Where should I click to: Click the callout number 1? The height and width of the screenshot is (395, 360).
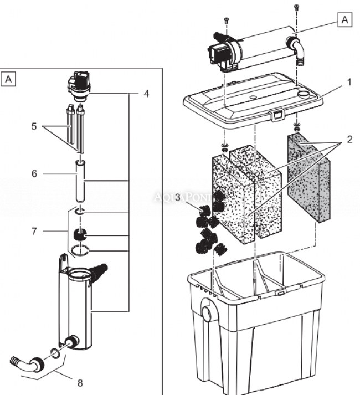point(349,82)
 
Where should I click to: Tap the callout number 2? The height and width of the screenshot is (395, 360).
point(349,140)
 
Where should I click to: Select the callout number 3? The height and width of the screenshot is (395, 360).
point(177,198)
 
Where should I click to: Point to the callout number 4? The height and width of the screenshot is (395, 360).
point(146,94)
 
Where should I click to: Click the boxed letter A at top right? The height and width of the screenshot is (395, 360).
point(344,20)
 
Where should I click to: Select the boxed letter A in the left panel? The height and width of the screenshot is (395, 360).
point(9,79)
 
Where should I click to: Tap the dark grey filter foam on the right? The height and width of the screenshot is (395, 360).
point(308,177)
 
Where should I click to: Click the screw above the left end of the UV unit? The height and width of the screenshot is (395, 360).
point(226,20)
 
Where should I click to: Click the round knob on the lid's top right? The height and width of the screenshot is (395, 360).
point(303,93)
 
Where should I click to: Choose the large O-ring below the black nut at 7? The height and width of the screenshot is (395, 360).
point(81,253)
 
